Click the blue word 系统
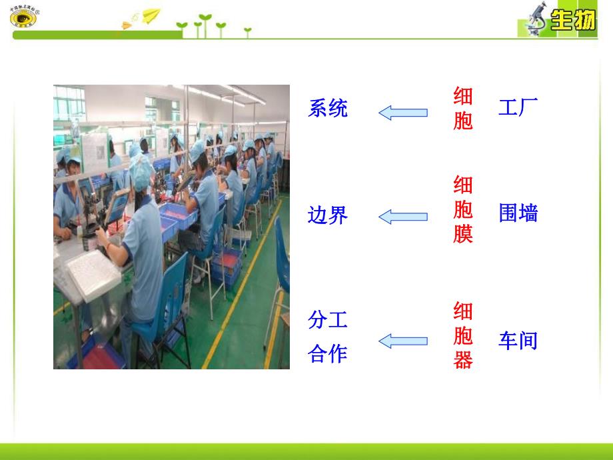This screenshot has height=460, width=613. click(x=328, y=108)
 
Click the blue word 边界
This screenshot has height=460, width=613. click(x=328, y=215)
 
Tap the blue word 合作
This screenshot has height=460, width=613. click(x=328, y=353)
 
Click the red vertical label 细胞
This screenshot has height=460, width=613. click(x=462, y=109)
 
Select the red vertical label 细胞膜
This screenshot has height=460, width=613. click(x=462, y=209)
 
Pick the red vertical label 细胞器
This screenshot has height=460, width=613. click(x=462, y=335)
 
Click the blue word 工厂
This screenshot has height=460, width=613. click(x=518, y=107)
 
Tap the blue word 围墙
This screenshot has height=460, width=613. click(x=518, y=213)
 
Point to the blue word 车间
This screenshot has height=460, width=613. click(x=518, y=341)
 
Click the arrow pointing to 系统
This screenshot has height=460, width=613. click(x=403, y=112)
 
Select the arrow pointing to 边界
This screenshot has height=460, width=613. click(x=403, y=216)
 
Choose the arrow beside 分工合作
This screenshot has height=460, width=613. click(x=403, y=341)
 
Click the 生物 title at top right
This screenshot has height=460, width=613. click(x=573, y=21)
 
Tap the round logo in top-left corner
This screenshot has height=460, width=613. click(x=25, y=17)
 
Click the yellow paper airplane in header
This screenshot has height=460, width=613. click(x=152, y=15)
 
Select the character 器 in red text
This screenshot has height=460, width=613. click(x=462, y=360)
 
